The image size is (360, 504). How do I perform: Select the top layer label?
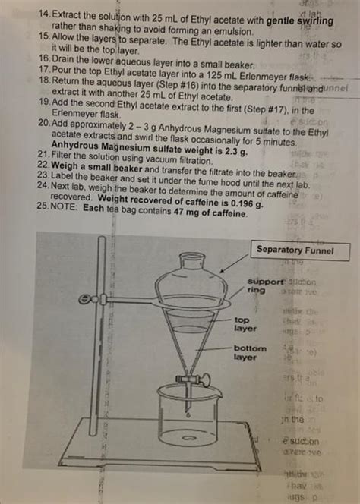(x=246, y=324)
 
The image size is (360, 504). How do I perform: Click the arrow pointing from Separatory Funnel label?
(x=232, y=264)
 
